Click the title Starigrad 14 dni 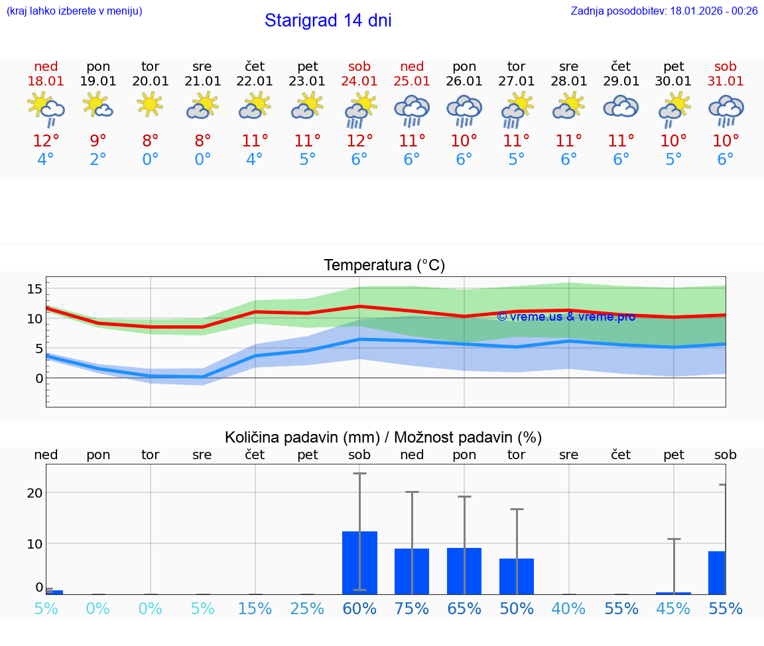pyautogui.click(x=328, y=21)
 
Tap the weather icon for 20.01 pyautogui.click(x=151, y=105)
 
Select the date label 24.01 pyautogui.click(x=359, y=81)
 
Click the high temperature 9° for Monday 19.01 pyautogui.click(x=98, y=140)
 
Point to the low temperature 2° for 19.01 pyautogui.click(x=98, y=160)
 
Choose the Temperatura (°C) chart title pyautogui.click(x=384, y=266)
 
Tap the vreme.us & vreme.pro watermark pyautogui.click(x=566, y=317)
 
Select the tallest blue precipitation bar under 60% pyautogui.click(x=359, y=563)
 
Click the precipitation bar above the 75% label pyautogui.click(x=412, y=571)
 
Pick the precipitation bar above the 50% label pyautogui.click(x=517, y=576)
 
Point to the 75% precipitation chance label pyautogui.click(x=412, y=609)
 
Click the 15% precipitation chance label pyautogui.click(x=255, y=609)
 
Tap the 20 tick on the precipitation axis pyautogui.click(x=34, y=492)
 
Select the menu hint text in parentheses pyautogui.click(x=74, y=11)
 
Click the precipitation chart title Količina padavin pyautogui.click(x=383, y=437)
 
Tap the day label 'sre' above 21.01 pyautogui.click(x=203, y=66)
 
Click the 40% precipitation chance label pyautogui.click(x=568, y=609)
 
